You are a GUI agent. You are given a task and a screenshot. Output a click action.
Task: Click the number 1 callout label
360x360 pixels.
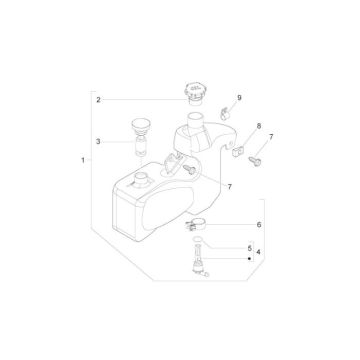81,160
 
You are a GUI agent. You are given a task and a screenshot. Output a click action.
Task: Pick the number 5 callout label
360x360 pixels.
249,247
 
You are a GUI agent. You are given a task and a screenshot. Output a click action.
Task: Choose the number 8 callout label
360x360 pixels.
258,127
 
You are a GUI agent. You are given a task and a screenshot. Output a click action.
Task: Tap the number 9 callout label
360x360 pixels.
239,99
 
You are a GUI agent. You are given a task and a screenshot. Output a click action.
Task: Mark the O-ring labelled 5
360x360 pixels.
197,246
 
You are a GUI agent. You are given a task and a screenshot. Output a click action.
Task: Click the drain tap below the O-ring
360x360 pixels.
196,267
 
